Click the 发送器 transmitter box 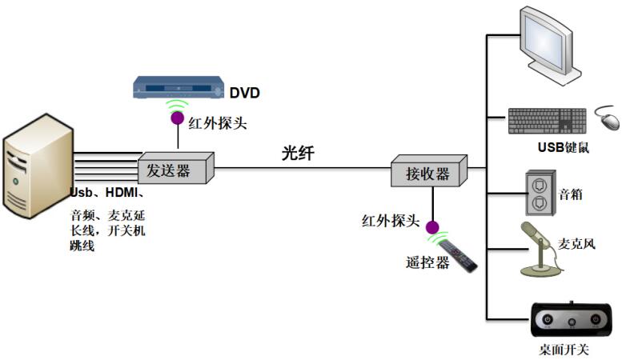point(175,170)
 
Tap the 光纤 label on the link point(298,153)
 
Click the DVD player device point(177,86)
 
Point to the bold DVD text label point(245,93)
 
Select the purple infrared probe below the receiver point(433,226)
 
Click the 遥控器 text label point(427,262)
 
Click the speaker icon point(538,193)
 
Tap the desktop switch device point(571,320)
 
